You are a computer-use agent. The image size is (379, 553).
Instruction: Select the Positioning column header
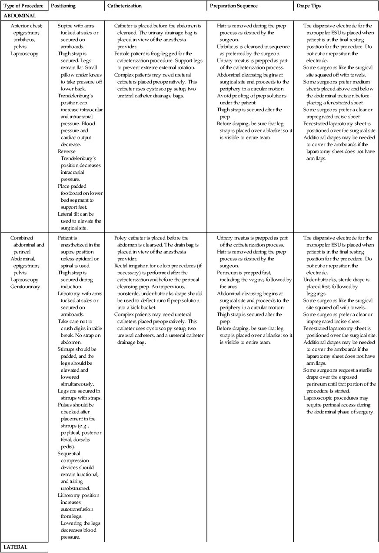pyautogui.click(x=63, y=6)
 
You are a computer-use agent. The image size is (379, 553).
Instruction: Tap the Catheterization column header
pyautogui.click(x=125, y=6)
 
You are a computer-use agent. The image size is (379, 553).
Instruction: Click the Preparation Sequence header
pyautogui.click(x=233, y=6)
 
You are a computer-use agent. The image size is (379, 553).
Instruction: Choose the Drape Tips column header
pyautogui.click(x=309, y=6)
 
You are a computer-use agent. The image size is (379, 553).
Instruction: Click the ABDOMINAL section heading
pyautogui.click(x=20, y=16)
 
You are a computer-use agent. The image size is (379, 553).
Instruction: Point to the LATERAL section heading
pyautogui.click(x=15, y=547)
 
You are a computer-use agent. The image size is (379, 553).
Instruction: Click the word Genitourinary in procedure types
pyautogui.click(x=25, y=287)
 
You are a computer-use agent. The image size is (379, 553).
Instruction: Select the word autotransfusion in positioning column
pyautogui.click(x=76, y=510)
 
